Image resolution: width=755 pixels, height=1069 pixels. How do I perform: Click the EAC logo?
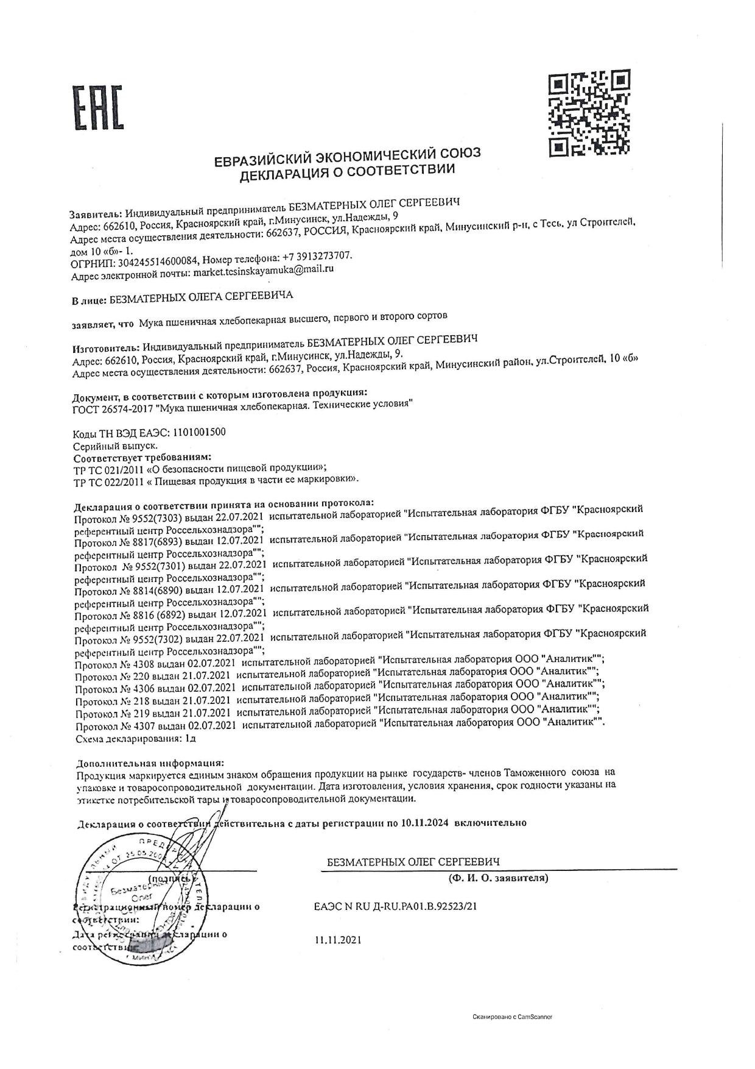98,107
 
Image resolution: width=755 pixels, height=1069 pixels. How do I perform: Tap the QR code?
589,112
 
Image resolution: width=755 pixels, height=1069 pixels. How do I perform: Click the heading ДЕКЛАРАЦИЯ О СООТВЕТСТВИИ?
346,172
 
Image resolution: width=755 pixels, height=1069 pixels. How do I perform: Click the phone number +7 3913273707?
317,255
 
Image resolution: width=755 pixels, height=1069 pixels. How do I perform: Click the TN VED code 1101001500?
199,432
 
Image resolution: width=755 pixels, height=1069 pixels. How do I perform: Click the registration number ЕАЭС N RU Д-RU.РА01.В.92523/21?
395,906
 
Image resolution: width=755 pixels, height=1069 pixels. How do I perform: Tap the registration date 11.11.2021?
338,940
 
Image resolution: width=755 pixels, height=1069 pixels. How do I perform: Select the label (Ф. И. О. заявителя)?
497,878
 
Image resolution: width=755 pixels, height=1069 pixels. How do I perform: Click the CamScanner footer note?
512,1017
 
